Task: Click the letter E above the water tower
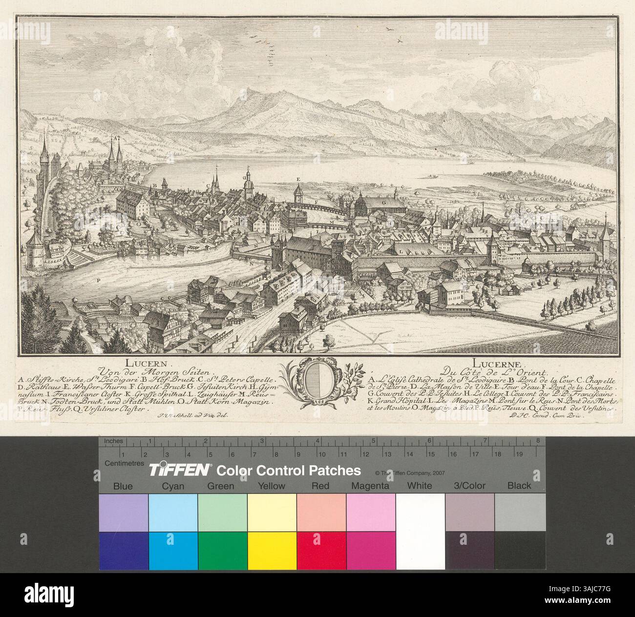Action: coord(297,180)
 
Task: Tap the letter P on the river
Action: coord(99,280)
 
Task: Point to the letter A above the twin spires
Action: coord(115,138)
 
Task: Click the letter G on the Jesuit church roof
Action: coord(383,201)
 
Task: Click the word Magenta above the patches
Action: coord(371,486)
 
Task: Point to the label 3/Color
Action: coord(470,486)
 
